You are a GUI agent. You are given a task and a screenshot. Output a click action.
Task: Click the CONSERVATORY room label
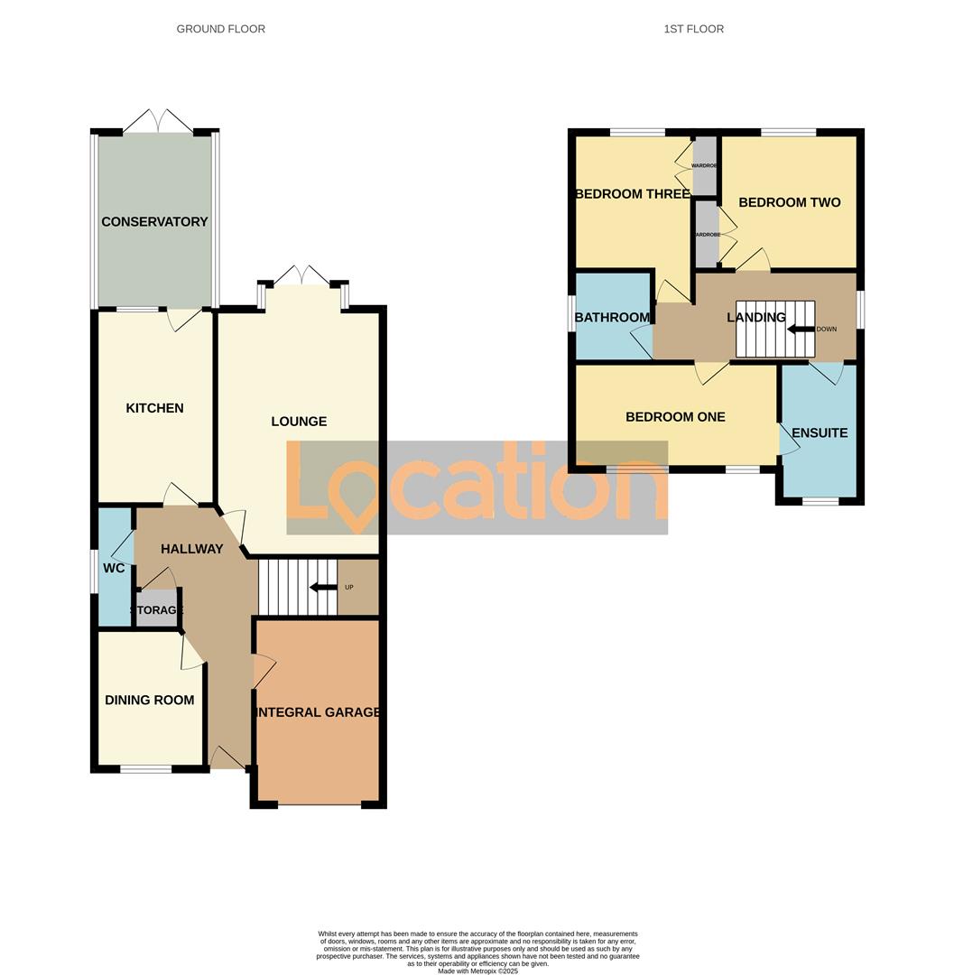[x=154, y=222]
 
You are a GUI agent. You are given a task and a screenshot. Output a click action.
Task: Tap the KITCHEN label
[x=154, y=408]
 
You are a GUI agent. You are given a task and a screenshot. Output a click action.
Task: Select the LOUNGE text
[x=299, y=422]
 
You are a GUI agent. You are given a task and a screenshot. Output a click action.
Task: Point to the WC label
[x=114, y=569]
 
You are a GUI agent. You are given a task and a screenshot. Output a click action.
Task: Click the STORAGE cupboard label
[x=157, y=610]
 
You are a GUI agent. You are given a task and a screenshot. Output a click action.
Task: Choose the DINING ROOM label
[x=149, y=700]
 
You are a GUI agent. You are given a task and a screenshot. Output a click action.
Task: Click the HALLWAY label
[x=191, y=549]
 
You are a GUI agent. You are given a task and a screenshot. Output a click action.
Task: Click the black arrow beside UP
[x=320, y=588]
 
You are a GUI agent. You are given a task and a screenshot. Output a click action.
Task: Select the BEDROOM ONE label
[x=675, y=417]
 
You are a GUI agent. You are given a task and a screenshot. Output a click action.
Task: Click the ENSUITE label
[x=820, y=433]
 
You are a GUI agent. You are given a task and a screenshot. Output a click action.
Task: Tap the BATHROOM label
[x=613, y=317]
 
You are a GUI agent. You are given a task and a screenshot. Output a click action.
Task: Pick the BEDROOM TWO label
[x=789, y=202]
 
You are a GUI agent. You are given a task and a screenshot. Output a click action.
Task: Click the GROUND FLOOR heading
[x=220, y=29]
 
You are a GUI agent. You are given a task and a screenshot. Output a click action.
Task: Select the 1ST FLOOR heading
[x=693, y=29]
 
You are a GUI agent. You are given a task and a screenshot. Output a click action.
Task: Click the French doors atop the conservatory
[x=157, y=121]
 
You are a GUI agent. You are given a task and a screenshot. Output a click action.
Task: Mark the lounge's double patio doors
[x=301, y=275]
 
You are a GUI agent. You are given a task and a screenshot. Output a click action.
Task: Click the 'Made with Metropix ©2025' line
[x=477, y=970]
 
